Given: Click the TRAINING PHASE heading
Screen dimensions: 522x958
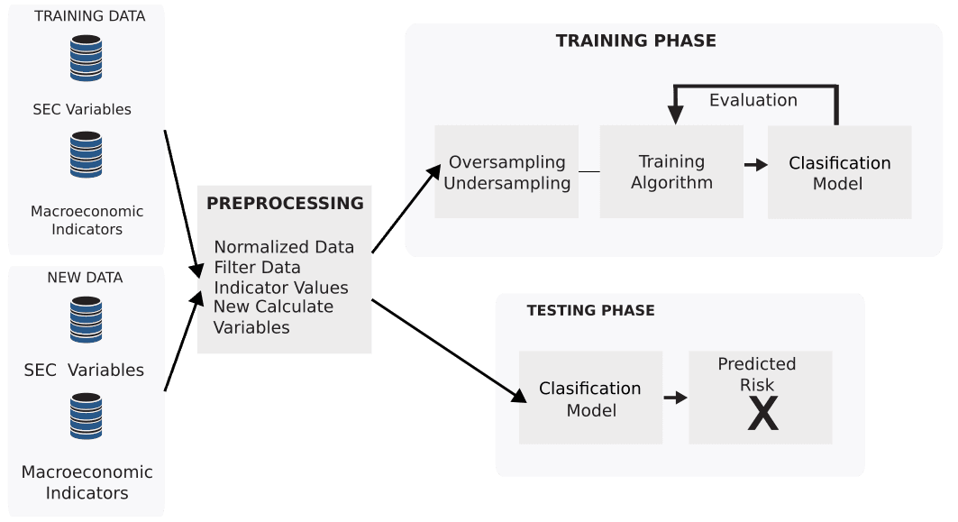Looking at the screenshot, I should pos(635,41).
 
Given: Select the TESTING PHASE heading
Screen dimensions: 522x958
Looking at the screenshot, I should pos(590,310).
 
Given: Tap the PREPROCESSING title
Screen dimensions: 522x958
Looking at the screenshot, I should pos(285,203).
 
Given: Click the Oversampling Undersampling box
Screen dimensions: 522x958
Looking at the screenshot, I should pos(506,172).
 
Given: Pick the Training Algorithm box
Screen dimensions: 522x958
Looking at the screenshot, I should pos(671,171).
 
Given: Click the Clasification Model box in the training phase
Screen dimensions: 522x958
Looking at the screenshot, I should pos(839,172).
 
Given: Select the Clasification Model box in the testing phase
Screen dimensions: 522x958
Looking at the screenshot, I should pos(590,398).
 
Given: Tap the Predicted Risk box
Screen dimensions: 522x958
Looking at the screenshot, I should pos(760,397).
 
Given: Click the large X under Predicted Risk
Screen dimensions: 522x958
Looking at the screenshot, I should pos(762,415).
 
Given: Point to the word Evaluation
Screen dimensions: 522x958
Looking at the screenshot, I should pos(753,100).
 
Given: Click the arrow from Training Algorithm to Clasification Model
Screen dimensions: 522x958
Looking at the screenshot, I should pos(755,165).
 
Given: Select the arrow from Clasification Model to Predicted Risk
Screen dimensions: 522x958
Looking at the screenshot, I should pos(675,398).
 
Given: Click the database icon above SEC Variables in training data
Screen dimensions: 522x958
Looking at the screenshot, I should pos(87,59).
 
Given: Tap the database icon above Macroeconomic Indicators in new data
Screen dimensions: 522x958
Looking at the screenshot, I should pos(87,416).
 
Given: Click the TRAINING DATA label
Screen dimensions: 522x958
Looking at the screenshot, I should pos(89,16).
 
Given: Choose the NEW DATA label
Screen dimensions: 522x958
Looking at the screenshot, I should pos(85,278).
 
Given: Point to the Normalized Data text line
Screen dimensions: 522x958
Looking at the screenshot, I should pos(284,247).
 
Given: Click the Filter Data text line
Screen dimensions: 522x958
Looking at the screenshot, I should pos(257,267).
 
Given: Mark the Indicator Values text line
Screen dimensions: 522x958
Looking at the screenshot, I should pos(280,288).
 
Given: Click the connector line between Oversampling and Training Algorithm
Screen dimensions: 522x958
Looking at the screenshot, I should pos(588,171).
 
